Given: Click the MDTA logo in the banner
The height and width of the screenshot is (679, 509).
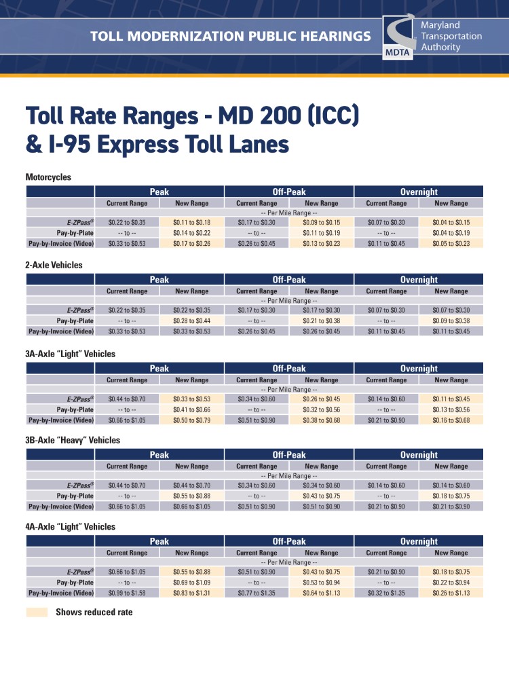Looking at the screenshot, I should pyautogui.click(x=396, y=37).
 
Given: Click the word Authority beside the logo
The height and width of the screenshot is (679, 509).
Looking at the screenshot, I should pyautogui.click(x=440, y=48).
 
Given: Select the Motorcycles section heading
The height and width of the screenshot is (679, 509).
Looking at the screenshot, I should pyautogui.click(x=48, y=177).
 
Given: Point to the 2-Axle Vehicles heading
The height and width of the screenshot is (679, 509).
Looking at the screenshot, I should pyautogui.click(x=54, y=265).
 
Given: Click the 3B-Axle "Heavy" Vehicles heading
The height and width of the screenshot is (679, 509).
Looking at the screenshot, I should pyautogui.click(x=73, y=440).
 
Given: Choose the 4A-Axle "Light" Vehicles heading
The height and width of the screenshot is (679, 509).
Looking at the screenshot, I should pyautogui.click(x=70, y=527).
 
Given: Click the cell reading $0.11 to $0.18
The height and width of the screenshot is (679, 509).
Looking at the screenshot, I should pyautogui.click(x=191, y=223).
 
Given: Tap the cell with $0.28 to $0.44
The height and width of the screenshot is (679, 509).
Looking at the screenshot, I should pyautogui.click(x=191, y=320).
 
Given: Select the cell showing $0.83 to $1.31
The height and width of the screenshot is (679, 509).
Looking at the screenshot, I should pyautogui.click(x=191, y=593).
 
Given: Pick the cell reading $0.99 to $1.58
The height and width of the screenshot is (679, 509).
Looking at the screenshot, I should pyautogui.click(x=127, y=593).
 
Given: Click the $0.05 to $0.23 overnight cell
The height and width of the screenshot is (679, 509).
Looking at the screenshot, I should pyautogui.click(x=451, y=243).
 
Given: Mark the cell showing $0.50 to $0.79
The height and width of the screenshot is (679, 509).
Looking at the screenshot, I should pyautogui.click(x=191, y=420).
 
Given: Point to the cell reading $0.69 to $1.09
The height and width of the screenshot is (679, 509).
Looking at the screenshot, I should pyautogui.click(x=191, y=583).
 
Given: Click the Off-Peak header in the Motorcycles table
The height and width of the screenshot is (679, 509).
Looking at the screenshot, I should pyautogui.click(x=289, y=192).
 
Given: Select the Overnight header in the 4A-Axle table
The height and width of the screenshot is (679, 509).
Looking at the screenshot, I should pyautogui.click(x=419, y=542).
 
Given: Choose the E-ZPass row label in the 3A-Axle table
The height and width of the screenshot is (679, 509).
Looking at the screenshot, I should pyautogui.click(x=80, y=399).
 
